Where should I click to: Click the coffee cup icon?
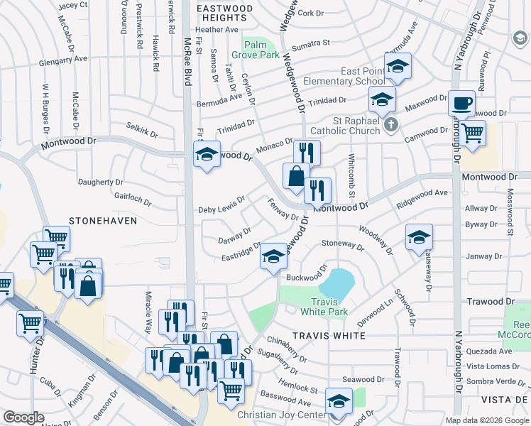461,104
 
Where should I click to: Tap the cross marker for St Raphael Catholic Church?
390,126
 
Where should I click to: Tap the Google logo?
23,417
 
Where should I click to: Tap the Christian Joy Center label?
281,414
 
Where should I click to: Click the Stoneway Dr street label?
342,246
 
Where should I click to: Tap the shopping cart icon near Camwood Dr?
471,133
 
